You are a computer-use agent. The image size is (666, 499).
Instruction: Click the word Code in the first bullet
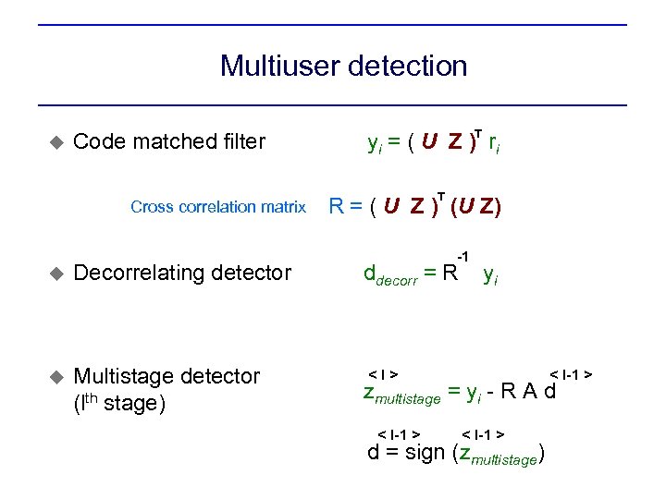point(98,141)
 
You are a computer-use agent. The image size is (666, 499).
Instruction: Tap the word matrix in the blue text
point(282,207)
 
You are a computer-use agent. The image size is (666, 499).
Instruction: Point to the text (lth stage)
point(118,404)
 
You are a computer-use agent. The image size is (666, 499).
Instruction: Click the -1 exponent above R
point(463,256)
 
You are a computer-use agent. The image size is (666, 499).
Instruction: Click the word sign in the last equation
point(425,453)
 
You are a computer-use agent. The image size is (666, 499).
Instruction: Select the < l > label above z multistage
point(383,374)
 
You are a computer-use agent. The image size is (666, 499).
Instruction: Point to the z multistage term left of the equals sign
point(401,395)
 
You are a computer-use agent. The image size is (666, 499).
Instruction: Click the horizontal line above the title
point(332,25)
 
